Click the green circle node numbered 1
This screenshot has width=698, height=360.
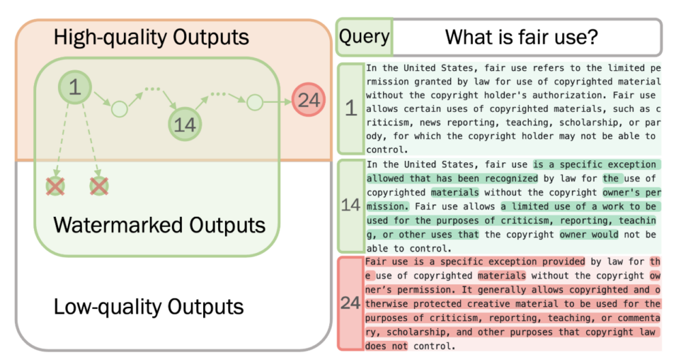click(x=75, y=87)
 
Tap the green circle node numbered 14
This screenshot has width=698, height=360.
click(x=185, y=124)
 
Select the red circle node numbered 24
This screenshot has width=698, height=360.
click(x=309, y=100)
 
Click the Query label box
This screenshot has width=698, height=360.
click(x=364, y=37)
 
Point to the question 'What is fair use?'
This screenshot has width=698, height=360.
click(x=521, y=37)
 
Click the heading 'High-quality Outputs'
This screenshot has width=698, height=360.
click(x=151, y=37)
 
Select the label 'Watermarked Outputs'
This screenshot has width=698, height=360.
click(x=160, y=224)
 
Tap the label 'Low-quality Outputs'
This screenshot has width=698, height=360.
click(x=149, y=307)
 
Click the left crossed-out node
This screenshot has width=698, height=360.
click(x=56, y=186)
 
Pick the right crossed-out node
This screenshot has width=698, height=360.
click(x=99, y=186)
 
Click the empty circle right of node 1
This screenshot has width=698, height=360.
click(x=119, y=108)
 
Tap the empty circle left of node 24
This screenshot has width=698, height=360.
click(x=255, y=102)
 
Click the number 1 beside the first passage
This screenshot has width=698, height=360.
click(x=351, y=108)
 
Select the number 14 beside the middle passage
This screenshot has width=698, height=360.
click(x=350, y=205)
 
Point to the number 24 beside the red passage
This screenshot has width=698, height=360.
click(x=350, y=303)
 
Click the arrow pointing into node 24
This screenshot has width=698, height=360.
click(x=277, y=102)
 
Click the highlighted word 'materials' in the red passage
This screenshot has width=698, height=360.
click(x=502, y=275)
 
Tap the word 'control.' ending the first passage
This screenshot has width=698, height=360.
click(x=387, y=150)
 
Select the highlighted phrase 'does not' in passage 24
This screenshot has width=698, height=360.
click(x=386, y=346)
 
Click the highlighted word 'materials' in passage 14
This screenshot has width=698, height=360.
click(x=455, y=192)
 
